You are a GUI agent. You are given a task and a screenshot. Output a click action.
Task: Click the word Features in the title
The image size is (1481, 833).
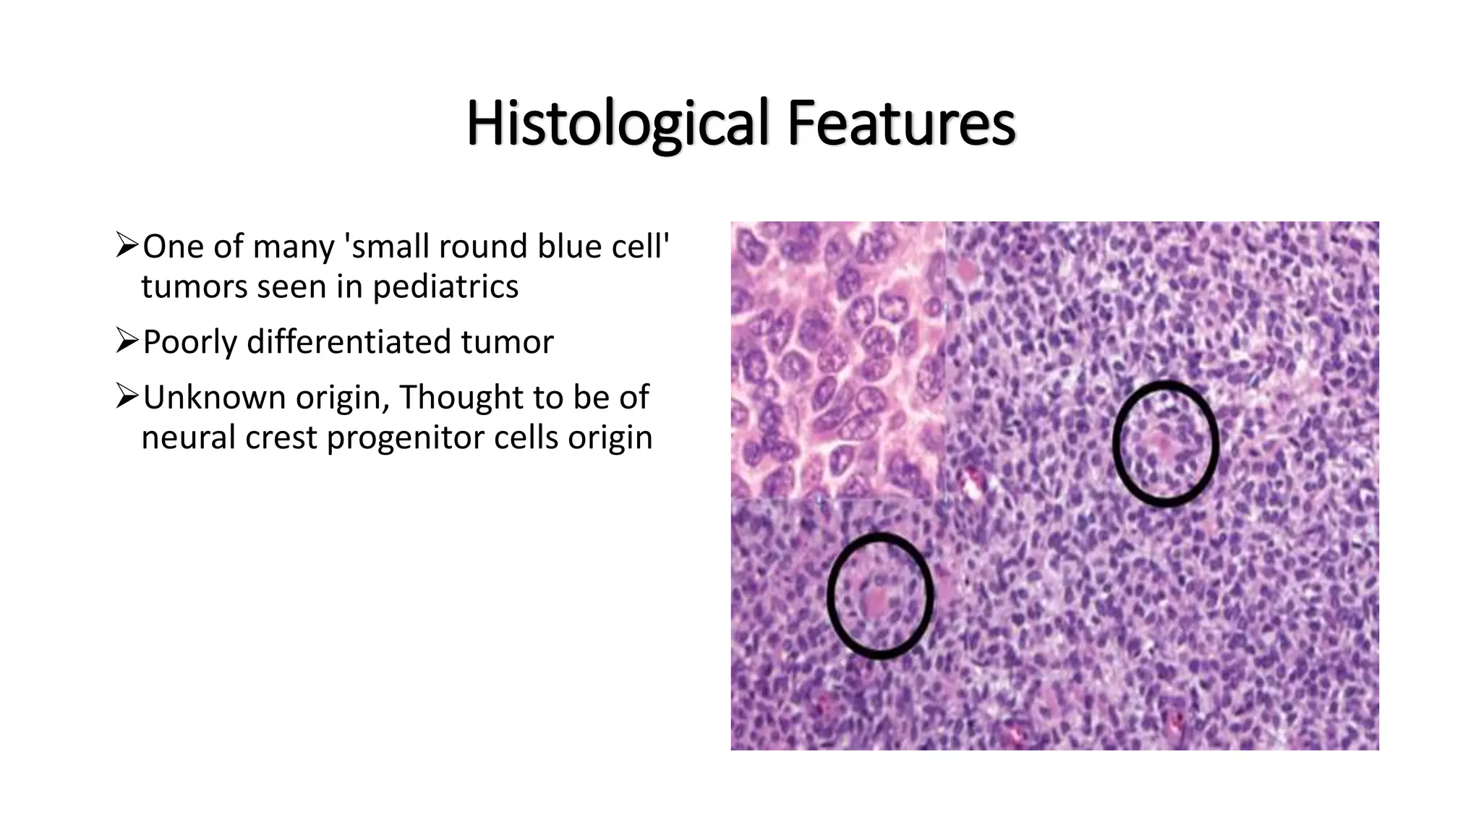point(901,123)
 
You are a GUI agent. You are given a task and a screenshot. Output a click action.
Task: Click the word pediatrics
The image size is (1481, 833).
point(445,287)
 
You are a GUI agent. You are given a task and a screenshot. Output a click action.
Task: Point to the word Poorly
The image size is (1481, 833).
point(189,342)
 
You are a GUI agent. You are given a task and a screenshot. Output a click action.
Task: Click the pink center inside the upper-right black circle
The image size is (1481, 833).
point(1162,443)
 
